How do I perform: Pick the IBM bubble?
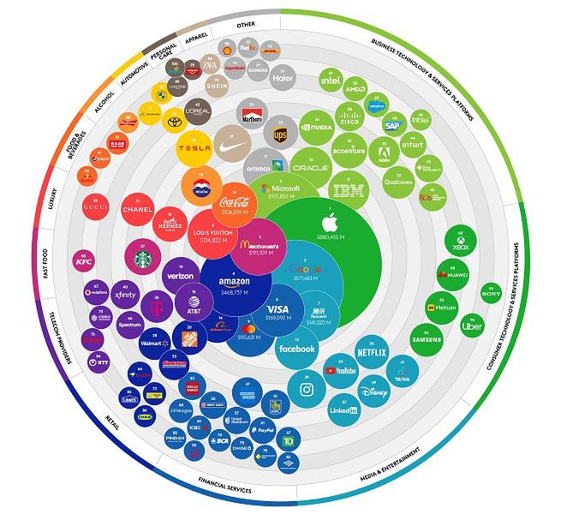(x=348, y=191)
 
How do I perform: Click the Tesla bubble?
(x=194, y=148)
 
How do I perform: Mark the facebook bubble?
(x=296, y=350)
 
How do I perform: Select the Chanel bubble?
(x=137, y=208)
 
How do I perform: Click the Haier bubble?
(x=283, y=75)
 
